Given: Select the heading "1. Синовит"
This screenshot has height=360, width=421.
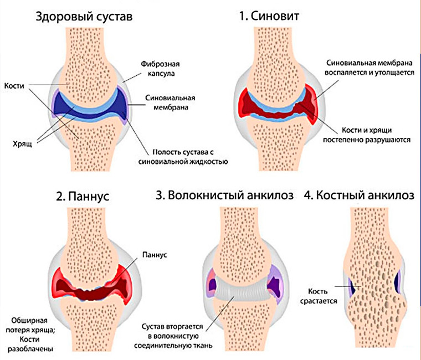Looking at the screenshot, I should [269, 17].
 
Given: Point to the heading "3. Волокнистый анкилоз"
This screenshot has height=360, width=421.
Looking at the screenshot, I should [225, 196].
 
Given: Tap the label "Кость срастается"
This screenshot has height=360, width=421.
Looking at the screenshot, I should [314, 295].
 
